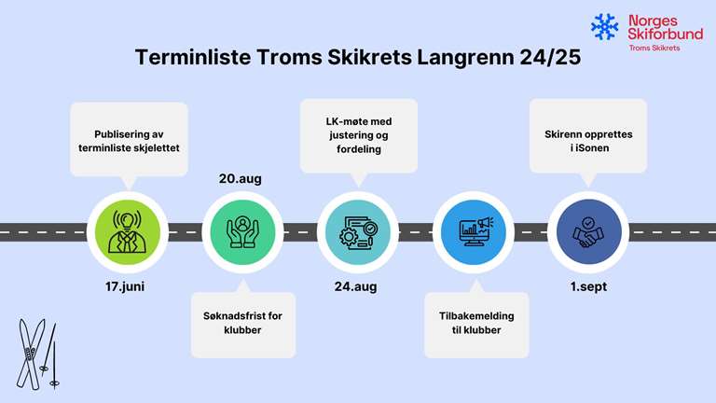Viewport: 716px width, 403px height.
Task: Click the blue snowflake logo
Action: point(604,26)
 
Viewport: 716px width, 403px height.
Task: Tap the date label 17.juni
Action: point(125,286)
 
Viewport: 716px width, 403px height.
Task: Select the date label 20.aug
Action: point(241,179)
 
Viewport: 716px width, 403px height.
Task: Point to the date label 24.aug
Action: point(356,286)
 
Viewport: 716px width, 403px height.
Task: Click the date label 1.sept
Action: point(588,286)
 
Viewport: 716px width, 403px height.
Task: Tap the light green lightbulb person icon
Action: point(128,232)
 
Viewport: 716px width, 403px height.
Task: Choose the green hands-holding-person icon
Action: point(243,232)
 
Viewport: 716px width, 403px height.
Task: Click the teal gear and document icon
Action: point(358,232)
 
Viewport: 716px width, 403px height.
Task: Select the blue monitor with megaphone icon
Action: point(474,232)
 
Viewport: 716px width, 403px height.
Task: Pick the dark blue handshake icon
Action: point(588,232)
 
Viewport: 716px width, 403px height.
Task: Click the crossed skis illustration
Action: point(37,354)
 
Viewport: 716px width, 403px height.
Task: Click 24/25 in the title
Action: point(550,57)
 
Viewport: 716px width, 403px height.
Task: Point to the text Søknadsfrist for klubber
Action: point(242,323)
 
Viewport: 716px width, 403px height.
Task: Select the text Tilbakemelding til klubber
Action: point(476,323)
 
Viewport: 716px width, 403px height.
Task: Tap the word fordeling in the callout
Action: point(359,149)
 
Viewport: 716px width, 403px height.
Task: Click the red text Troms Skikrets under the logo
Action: point(654,48)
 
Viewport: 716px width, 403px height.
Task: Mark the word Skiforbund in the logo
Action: point(665,34)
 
